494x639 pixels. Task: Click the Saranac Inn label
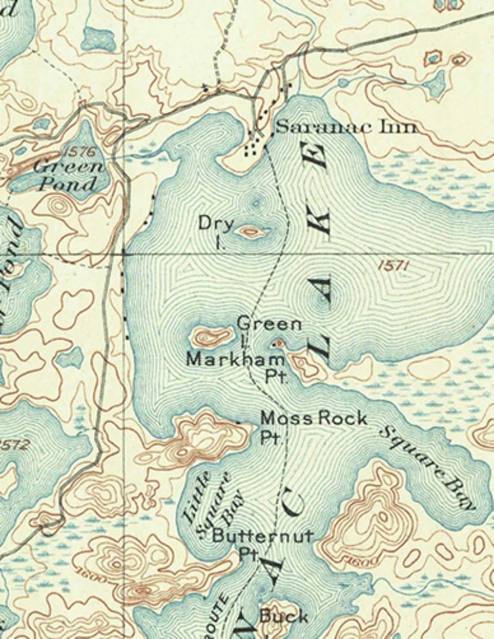(x=345, y=126)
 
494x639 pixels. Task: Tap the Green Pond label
(x=68, y=174)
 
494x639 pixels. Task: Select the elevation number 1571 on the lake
(x=395, y=265)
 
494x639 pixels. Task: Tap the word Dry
(x=216, y=224)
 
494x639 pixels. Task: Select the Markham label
(x=236, y=359)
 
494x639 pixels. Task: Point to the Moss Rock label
(x=314, y=418)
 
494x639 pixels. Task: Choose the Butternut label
(x=262, y=536)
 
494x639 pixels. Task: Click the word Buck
(x=283, y=617)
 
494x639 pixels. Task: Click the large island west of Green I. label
(x=211, y=338)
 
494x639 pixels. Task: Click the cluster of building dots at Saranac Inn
(x=255, y=144)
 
